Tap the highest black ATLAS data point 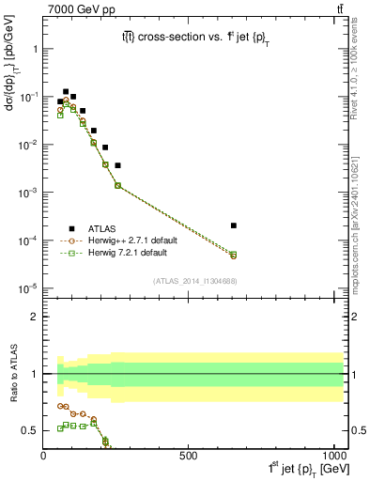(66, 92)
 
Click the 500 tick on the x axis (188, 456)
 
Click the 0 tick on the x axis (44, 456)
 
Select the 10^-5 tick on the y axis (28, 288)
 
